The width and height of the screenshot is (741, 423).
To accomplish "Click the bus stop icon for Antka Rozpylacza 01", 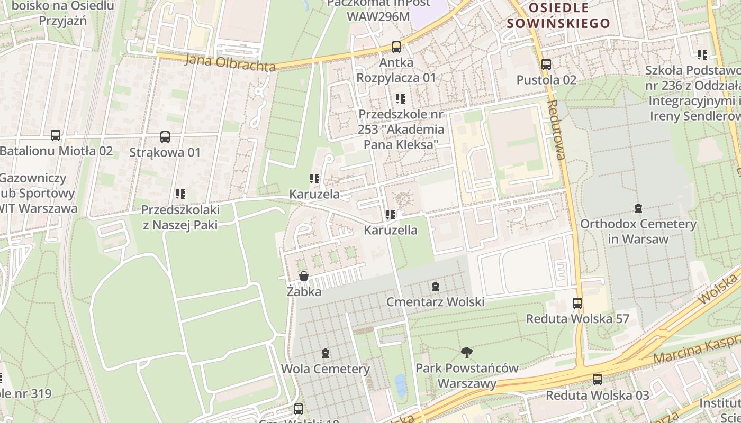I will point(396,47).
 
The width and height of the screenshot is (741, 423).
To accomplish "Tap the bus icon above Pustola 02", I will point(546,65).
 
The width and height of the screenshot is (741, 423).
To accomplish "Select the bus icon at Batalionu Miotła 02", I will point(56,135).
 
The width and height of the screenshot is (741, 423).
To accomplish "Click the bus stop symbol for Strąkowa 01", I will point(165,137).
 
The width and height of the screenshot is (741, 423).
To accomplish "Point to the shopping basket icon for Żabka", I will point(304,276).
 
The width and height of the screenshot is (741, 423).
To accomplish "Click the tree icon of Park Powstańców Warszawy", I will point(466,352).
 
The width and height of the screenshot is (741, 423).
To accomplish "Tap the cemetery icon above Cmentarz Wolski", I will point(435,287).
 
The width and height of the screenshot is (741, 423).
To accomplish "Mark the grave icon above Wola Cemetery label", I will point(326,353).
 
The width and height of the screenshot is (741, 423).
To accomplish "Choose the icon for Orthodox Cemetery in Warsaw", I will point(638,208).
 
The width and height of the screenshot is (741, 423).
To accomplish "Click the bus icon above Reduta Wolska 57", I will point(577,304).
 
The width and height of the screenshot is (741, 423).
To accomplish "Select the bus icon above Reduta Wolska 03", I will point(598,379).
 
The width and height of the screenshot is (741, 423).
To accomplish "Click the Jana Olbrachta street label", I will point(230,63).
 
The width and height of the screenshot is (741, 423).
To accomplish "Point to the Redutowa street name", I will point(557,130).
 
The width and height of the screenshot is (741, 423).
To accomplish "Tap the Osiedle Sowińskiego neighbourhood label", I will point(558,15).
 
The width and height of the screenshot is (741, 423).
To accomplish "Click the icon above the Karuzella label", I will point(391,215).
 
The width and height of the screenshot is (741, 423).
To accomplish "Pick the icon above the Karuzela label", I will point(314,179).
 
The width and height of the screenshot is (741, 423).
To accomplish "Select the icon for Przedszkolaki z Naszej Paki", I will point(180,194).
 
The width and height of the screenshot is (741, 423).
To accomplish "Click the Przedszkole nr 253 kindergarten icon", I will point(401,99).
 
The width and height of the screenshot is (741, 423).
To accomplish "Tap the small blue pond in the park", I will point(401,385).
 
